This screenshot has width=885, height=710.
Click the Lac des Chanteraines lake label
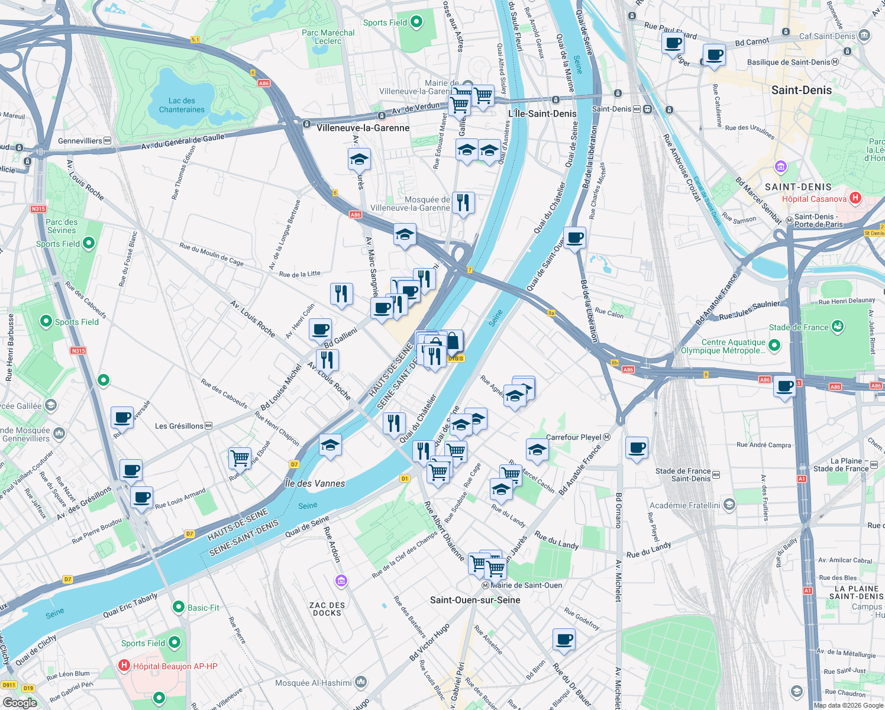point(182,105)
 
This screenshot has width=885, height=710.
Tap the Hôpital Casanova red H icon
point(855,198)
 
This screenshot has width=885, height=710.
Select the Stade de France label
point(799,327)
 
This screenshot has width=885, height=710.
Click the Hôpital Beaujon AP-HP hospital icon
point(124,666)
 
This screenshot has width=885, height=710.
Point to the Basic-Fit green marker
point(179,607)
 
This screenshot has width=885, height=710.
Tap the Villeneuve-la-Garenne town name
point(363,128)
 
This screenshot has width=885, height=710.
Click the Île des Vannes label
point(315,483)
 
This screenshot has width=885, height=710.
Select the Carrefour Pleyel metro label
point(574,437)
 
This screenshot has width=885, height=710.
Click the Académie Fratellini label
point(685,505)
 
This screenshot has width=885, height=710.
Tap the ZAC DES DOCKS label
point(327,609)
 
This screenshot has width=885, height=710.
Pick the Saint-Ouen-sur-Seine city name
point(475,600)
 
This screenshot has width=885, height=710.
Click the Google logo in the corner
point(20,702)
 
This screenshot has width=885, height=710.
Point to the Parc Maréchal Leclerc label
point(328,37)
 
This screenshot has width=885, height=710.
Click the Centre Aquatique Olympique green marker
point(774,346)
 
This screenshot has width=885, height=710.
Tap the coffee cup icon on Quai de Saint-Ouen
point(574,238)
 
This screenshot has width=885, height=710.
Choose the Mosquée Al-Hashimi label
point(313,683)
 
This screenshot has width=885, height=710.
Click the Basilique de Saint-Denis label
point(789,62)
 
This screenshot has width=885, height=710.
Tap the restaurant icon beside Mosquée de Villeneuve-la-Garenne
point(463,203)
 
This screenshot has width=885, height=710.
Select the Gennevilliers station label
point(80,141)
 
